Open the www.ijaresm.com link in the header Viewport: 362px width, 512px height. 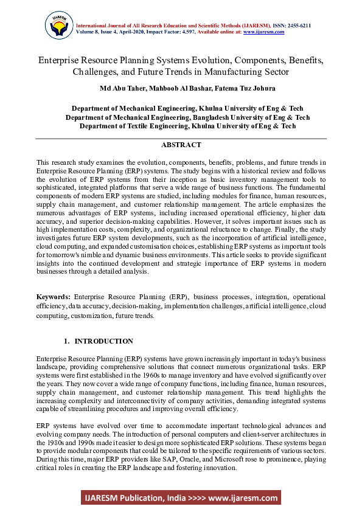point(263,32)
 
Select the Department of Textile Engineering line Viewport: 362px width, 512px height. point(188,126)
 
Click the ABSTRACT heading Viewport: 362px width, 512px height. point(181,145)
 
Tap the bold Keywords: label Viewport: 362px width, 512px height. point(54,296)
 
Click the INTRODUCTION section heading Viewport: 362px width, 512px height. point(103,341)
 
